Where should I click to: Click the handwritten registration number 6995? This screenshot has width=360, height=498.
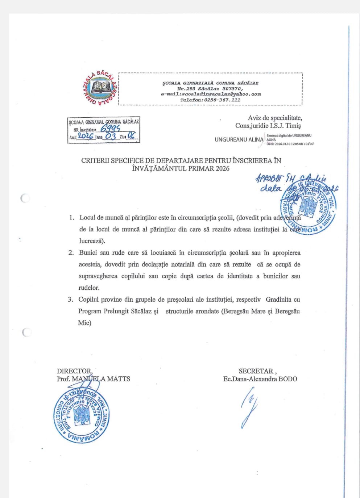click(110, 129)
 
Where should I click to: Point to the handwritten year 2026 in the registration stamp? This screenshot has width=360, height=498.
click(86, 136)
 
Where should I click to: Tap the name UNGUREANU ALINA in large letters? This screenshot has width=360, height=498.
click(239, 139)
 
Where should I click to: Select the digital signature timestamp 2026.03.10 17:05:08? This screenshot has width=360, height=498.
click(290, 144)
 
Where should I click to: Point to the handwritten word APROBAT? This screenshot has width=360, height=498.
click(269, 178)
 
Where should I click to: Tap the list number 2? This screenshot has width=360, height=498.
click(71, 253)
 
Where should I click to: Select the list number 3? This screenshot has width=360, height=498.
click(71, 300)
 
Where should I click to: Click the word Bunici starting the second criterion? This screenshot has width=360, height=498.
click(88, 253)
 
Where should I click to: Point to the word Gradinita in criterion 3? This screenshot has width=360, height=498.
click(278, 300)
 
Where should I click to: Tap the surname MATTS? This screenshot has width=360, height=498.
click(118, 379)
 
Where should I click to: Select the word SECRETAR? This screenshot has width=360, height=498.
click(256, 371)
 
